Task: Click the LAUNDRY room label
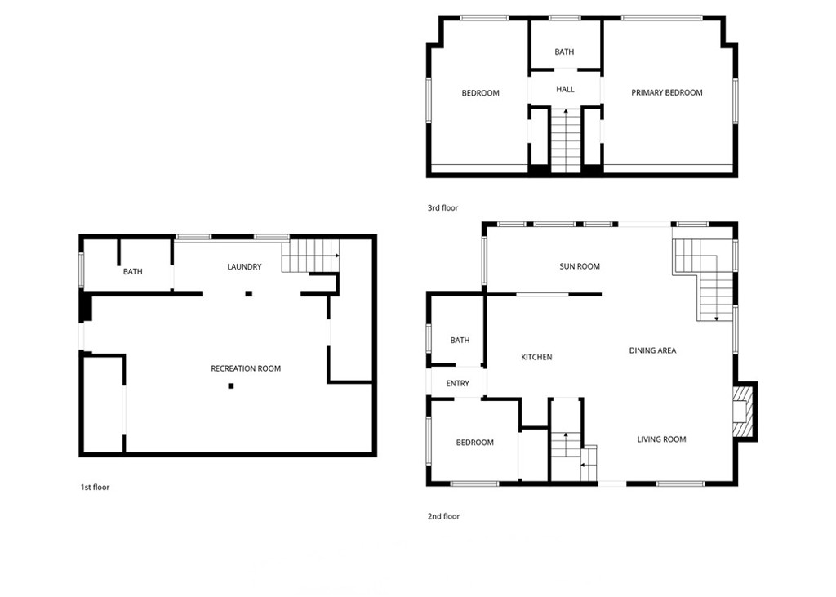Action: (244, 267)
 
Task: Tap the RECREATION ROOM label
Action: (246, 369)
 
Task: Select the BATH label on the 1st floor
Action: (133, 272)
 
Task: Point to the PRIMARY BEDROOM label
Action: (667, 93)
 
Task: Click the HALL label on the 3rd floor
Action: (565, 90)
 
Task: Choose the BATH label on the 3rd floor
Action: (564, 52)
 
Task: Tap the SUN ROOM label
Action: (580, 266)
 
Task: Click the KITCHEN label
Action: (537, 357)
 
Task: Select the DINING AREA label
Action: (652, 351)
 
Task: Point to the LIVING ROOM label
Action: (661, 439)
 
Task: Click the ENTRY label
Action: (458, 384)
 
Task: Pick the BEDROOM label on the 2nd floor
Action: (474, 443)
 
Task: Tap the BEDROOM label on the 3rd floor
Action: (480, 93)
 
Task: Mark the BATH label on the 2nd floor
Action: (460, 341)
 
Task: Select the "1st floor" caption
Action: (95, 488)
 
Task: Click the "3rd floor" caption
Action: (443, 208)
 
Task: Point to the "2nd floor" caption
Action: (443, 516)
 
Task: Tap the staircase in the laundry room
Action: (310, 255)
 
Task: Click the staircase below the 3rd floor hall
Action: (565, 140)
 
